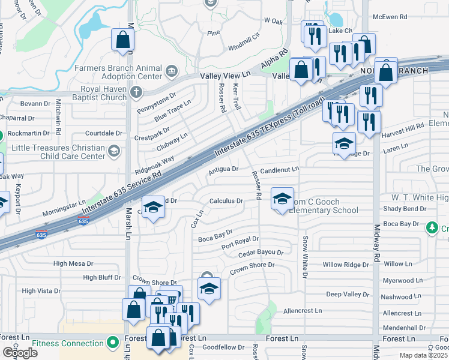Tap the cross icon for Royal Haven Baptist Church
[x=137, y=92]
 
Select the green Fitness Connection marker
[x=112, y=343]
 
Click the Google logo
[x=20, y=353]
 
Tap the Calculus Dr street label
[x=226, y=201]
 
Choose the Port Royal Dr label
[x=240, y=243]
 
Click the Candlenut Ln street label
[x=279, y=170]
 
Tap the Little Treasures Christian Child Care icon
[x=113, y=150]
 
